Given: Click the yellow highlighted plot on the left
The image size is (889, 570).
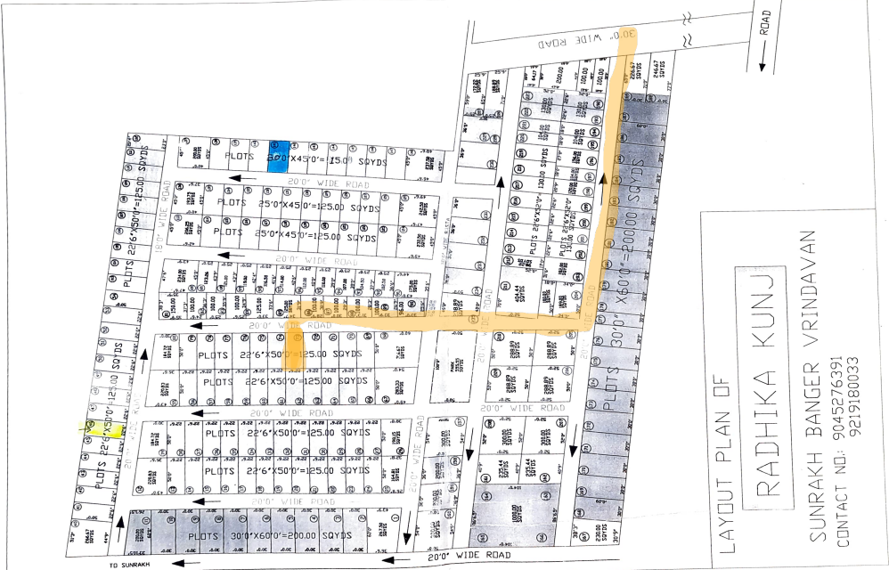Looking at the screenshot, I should click(x=92, y=428).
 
